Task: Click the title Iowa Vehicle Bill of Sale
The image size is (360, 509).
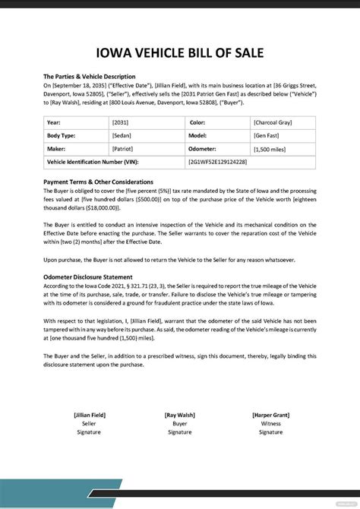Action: point(180,55)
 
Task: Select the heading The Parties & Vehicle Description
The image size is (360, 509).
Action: point(90,77)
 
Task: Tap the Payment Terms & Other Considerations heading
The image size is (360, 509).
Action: point(99,182)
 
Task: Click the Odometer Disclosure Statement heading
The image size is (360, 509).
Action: point(88,277)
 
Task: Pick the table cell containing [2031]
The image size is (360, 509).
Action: point(121,122)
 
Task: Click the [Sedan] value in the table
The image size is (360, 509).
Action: point(122,135)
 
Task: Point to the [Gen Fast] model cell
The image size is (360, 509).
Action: point(267,135)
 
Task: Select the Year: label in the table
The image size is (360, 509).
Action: point(54,122)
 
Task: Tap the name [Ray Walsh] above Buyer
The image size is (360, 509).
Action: point(180,415)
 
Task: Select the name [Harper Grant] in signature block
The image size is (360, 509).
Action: point(270,415)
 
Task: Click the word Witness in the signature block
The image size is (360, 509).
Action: point(270,423)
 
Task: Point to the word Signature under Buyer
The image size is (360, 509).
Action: point(180,432)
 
